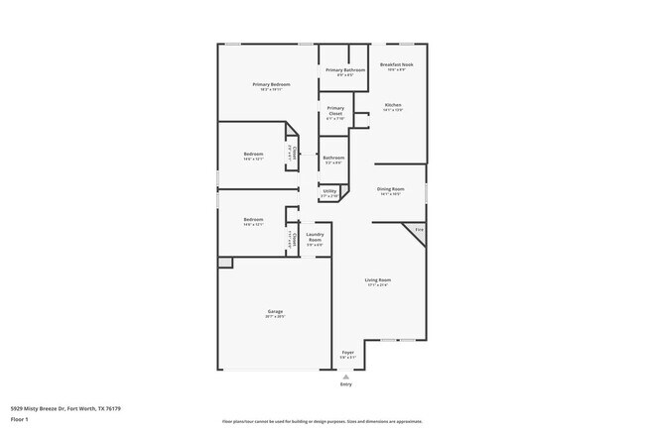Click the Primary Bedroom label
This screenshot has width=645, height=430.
click(x=271, y=86)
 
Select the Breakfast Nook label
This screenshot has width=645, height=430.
click(x=396, y=66)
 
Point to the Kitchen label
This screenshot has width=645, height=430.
click(x=393, y=106)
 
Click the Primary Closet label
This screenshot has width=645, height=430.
click(x=335, y=111)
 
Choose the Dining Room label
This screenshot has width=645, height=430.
click(x=390, y=190)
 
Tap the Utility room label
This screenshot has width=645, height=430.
click(x=329, y=192)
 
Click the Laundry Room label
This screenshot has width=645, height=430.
click(x=315, y=239)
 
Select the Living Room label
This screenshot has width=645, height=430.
click(x=378, y=282)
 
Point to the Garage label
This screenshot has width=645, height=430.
click(x=274, y=314)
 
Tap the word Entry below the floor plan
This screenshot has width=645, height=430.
click(x=346, y=384)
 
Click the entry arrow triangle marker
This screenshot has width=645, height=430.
click(x=346, y=376)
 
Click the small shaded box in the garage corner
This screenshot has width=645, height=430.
click(x=225, y=263)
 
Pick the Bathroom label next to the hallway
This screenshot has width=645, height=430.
click(x=333, y=159)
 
